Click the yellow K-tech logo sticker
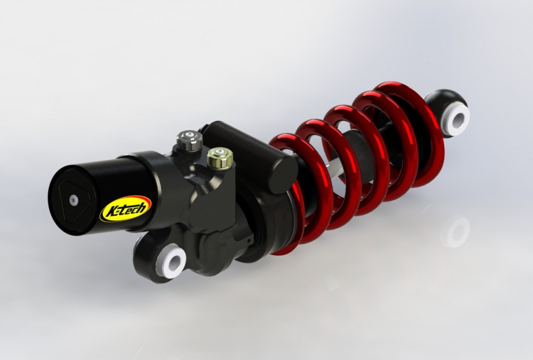click(x=125, y=209)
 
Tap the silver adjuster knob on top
click(x=189, y=140)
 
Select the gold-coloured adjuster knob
click(x=220, y=158)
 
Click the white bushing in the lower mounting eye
click(x=171, y=262)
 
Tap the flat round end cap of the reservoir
click(x=73, y=200)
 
